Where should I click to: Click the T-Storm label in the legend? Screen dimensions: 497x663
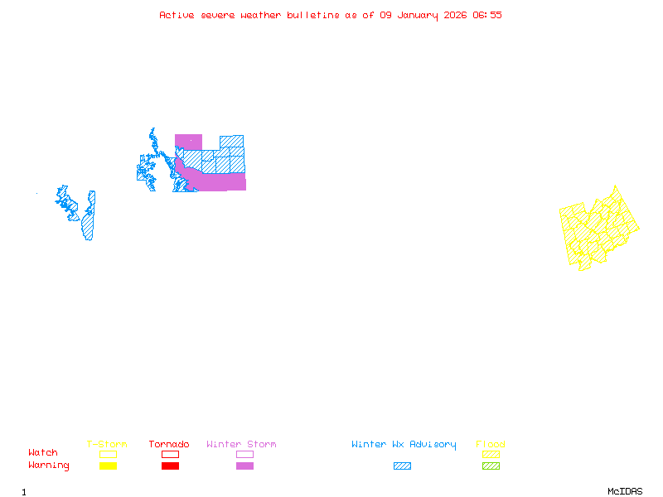tap(107, 444)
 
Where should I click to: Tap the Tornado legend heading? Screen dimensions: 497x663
tap(169, 444)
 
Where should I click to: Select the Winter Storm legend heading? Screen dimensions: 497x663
tap(241, 444)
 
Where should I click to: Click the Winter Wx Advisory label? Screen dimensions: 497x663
tap(404, 444)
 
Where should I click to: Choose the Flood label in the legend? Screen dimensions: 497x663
tap(491, 444)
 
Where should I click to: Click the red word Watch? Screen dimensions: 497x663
tap(43, 453)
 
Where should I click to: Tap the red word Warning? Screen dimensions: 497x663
tap(49, 466)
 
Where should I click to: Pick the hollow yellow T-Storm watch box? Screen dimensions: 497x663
tap(108, 454)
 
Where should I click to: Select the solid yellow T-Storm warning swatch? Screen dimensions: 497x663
tap(108, 466)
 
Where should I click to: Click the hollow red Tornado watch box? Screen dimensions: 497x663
tap(170, 454)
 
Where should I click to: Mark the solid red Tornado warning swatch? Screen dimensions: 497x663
tap(170, 466)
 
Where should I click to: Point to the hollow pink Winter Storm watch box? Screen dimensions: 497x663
tap(244, 454)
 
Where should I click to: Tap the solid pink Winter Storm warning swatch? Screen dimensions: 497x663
tap(244, 466)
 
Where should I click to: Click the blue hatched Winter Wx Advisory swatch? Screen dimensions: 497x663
tap(402, 466)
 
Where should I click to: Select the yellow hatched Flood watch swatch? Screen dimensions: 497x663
tap(491, 454)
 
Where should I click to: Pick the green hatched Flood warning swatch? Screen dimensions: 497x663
tap(491, 466)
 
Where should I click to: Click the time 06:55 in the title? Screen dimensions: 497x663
tap(487, 15)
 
